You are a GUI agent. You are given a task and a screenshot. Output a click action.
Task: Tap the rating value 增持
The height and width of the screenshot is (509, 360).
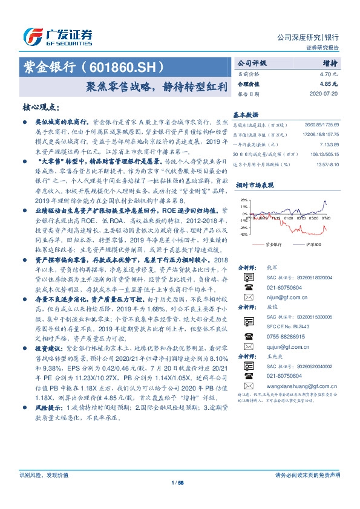[x=330, y=63]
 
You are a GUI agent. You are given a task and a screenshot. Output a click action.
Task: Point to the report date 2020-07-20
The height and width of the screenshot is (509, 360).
[x=327, y=94]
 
